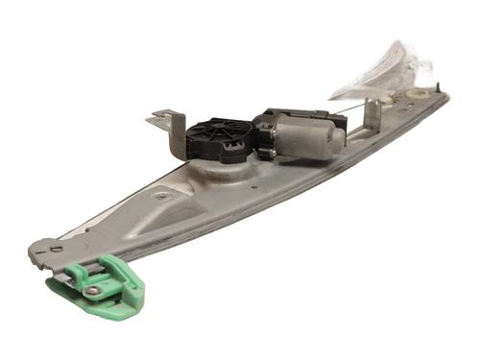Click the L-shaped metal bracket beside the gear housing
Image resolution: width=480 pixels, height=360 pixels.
(x=167, y=132)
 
